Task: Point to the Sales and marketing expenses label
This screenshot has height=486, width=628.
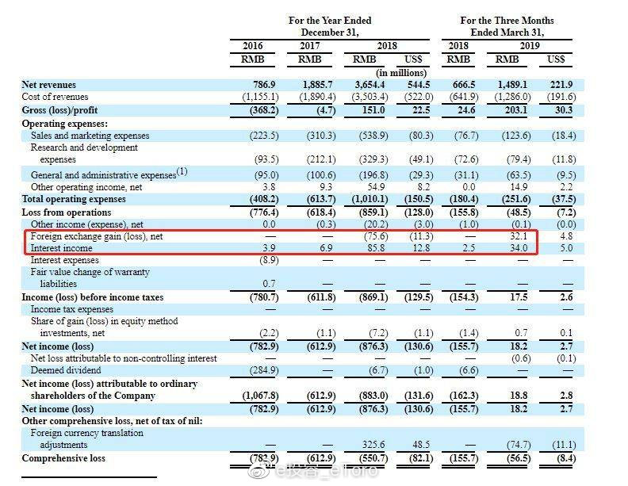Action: click(x=90, y=136)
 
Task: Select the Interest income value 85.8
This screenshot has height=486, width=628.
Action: click(x=377, y=248)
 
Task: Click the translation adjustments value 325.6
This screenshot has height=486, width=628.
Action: click(x=375, y=446)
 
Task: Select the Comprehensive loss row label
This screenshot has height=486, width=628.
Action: click(x=64, y=458)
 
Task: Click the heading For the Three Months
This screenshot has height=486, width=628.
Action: click(x=507, y=21)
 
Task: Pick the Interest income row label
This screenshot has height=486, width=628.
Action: click(x=61, y=248)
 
